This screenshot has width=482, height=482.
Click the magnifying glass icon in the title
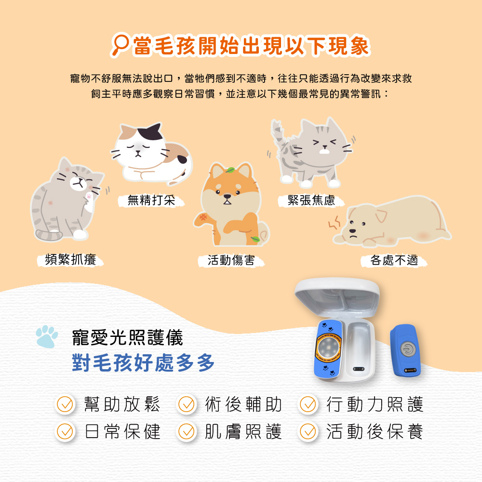pos(120,44)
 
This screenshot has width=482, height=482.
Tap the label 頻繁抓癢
pos(71,260)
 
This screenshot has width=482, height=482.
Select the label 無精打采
pos(151,201)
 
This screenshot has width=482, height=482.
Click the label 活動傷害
pos(231,260)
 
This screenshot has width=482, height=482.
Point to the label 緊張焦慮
pos(311,201)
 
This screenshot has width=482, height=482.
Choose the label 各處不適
pos(394,260)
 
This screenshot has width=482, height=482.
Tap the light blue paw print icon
pos(47,336)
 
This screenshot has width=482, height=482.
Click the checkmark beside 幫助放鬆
pos(65,404)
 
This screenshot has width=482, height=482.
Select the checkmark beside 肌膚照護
pos(186,431)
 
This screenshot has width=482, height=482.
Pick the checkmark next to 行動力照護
pos(308,404)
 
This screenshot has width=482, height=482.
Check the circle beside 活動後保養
pos(308,431)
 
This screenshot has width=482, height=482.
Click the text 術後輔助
pos(243,404)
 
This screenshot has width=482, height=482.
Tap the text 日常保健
pos(122,431)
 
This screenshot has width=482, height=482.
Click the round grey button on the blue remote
pos(408,349)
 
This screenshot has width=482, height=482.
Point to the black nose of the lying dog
pos(353,230)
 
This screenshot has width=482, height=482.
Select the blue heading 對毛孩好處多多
pos(143,363)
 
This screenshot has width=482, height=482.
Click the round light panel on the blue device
pos(328,348)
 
